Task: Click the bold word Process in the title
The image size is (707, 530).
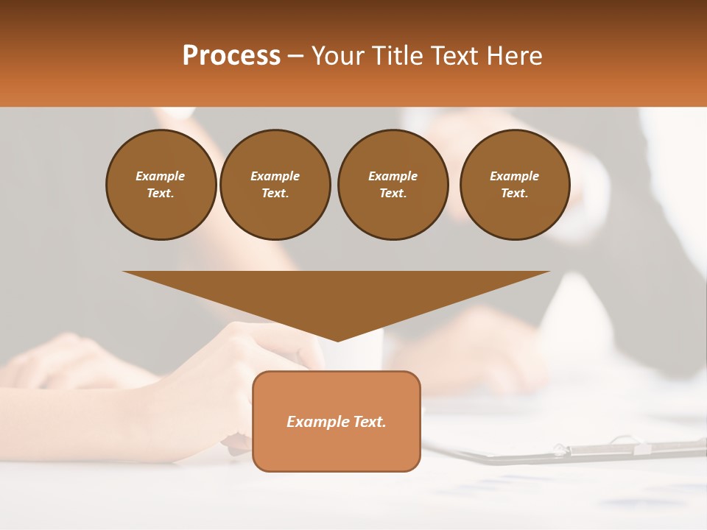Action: tap(231, 56)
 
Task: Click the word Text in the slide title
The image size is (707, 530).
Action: tap(455, 56)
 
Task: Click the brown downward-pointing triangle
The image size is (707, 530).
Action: tap(337, 294)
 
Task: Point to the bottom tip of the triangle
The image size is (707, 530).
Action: tap(337, 339)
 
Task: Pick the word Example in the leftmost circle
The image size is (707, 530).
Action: tap(161, 176)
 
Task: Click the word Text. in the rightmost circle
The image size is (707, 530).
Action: tap(515, 193)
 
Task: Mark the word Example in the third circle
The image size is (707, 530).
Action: tap(393, 176)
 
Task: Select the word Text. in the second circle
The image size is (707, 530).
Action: tap(275, 193)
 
